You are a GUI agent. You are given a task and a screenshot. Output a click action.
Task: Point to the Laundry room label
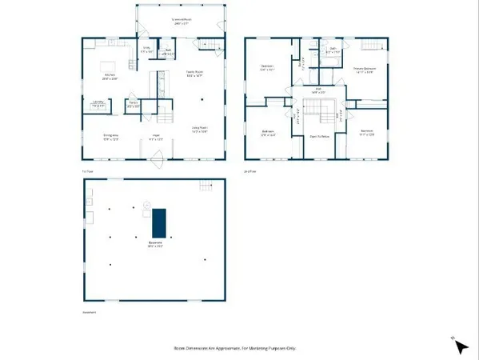[98, 102]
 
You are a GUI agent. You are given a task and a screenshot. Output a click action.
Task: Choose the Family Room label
[195, 74]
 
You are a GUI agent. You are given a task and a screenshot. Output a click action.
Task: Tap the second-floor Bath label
[334, 51]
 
